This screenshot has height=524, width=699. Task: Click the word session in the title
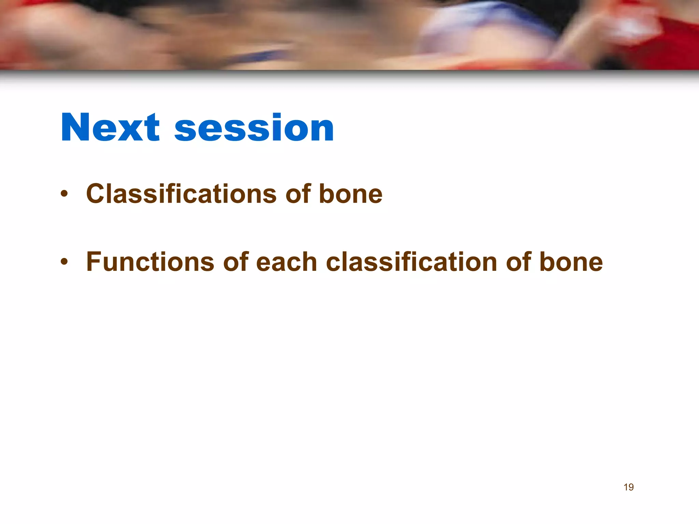(254, 128)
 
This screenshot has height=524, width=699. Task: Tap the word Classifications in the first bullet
(181, 194)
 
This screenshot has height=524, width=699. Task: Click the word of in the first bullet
(298, 194)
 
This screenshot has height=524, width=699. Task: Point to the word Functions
(150, 262)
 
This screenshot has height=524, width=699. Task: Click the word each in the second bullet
(286, 262)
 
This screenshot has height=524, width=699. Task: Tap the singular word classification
(411, 262)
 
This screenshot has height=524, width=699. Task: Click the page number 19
(628, 487)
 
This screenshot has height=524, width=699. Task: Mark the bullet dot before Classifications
(64, 194)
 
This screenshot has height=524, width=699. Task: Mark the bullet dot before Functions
(64, 262)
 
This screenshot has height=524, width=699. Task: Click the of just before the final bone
(519, 262)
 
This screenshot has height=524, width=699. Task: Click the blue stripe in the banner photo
(259, 56)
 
